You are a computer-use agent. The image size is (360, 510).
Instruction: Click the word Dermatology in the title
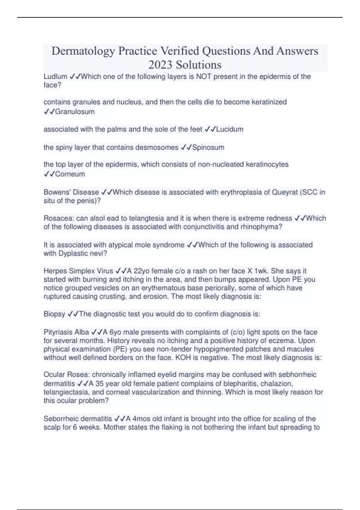tap(83, 51)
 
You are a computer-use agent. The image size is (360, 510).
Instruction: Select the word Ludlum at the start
tap(55, 76)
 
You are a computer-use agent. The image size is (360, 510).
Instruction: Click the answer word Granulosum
tap(75, 112)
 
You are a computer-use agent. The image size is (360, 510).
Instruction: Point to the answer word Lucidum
tap(229, 129)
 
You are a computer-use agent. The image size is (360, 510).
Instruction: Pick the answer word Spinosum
tap(208, 147)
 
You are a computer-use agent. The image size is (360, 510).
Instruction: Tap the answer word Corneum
tap(70, 174)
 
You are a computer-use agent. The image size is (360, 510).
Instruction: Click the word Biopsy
tap(54, 314)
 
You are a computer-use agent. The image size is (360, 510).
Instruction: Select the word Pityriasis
tap(58, 332)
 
